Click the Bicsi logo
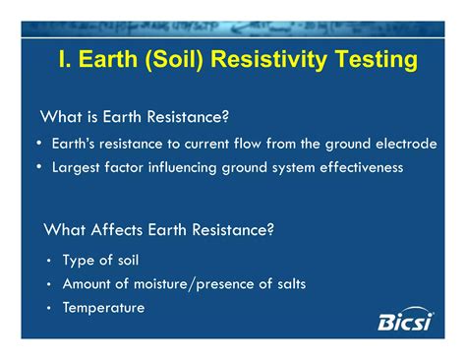coord(405,320)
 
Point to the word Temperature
coord(103,308)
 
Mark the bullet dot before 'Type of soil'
coord(49,262)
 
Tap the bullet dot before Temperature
coord(49,309)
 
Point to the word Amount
coord(87,284)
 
